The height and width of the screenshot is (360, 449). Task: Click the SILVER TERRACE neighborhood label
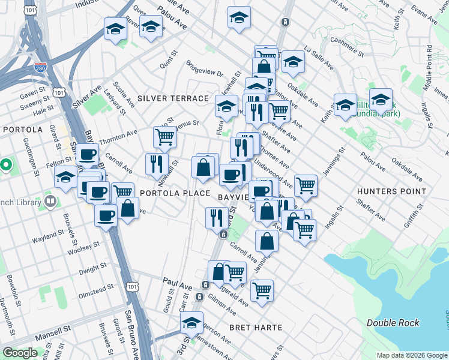point(173,98)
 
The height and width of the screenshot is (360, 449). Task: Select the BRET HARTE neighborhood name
point(253,328)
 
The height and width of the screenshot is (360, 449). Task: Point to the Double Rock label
point(393,323)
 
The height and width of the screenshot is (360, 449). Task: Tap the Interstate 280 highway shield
point(41,67)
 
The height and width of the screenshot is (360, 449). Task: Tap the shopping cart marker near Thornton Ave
point(164,137)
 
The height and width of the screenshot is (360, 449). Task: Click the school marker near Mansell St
point(191,323)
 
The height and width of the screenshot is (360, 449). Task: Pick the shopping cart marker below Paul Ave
point(235,272)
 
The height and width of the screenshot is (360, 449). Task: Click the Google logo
point(20,353)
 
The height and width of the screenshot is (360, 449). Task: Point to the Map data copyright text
point(411,355)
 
